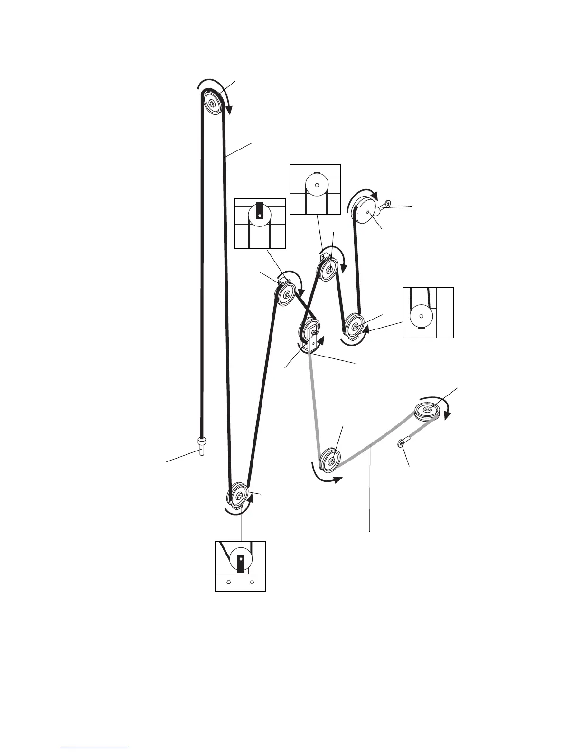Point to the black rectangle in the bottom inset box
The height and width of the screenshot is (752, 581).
point(241,563)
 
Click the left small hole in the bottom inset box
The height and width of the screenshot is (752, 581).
point(229,582)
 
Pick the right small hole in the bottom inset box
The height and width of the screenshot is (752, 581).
point(253,582)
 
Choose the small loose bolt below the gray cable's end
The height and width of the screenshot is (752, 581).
point(402,443)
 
